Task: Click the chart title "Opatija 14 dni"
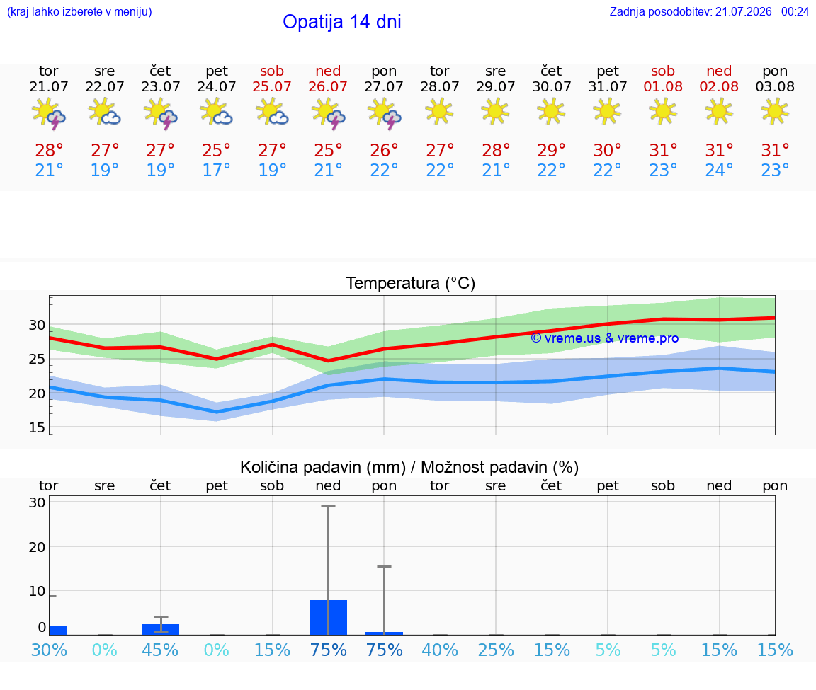342,22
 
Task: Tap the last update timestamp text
709,11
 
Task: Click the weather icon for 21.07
49,113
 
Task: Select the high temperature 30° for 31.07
607,150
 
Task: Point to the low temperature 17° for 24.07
216,170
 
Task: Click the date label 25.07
272,86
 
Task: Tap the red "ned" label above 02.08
719,71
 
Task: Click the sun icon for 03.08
774,112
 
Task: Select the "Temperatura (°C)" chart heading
411,283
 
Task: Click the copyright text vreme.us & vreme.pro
604,338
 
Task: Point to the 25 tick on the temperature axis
37,359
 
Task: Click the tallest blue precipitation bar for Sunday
329,617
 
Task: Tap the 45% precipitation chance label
160,650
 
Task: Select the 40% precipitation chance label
440,650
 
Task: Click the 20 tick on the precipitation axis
37,546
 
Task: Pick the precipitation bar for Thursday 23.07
161,629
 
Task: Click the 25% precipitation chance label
495,650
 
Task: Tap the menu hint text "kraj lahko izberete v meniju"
79,11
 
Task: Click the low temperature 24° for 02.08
719,170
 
